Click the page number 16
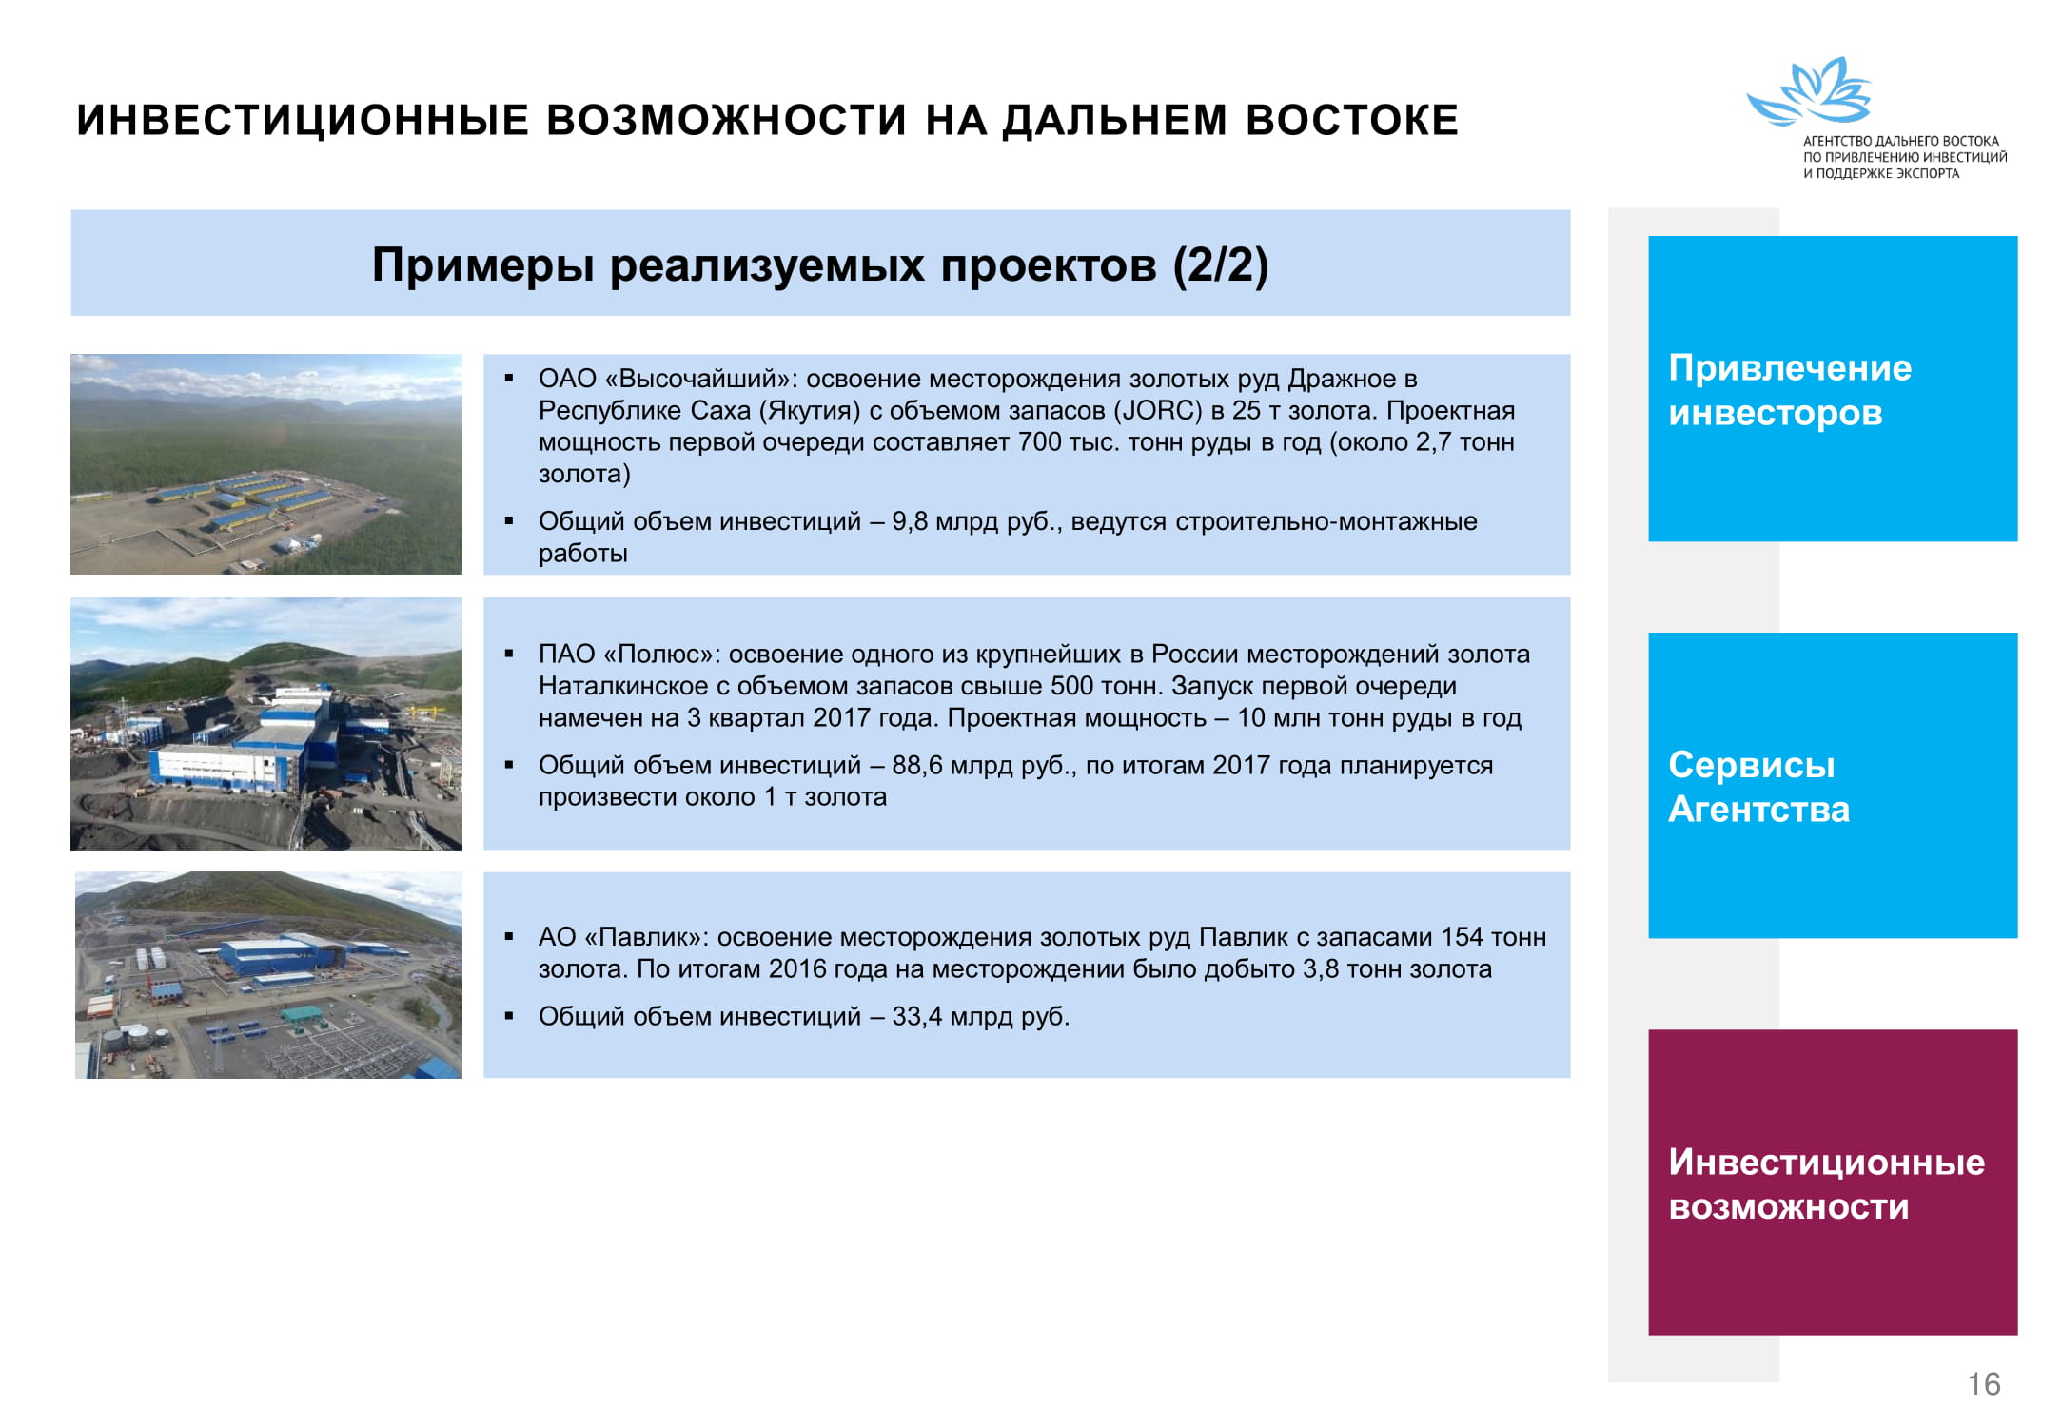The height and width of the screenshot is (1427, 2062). click(x=1984, y=1383)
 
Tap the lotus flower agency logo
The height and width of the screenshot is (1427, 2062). click(x=1809, y=91)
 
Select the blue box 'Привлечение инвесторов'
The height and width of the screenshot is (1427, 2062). click(x=1833, y=388)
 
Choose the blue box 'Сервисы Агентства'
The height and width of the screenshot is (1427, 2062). click(x=1833, y=785)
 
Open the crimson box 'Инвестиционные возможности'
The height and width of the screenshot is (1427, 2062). click(x=1833, y=1182)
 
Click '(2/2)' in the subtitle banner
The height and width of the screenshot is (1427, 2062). click(x=1221, y=264)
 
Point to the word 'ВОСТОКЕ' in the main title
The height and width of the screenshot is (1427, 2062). click(x=1352, y=120)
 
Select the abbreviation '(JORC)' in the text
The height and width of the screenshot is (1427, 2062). click(x=1158, y=411)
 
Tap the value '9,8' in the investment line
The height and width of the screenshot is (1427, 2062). click(x=910, y=521)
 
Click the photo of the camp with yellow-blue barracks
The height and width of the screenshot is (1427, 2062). click(x=266, y=464)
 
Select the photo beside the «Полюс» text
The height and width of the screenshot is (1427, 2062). click(x=266, y=724)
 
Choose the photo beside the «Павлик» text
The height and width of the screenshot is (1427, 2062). click(x=268, y=975)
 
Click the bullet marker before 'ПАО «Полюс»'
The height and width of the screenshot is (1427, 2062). click(x=510, y=655)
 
